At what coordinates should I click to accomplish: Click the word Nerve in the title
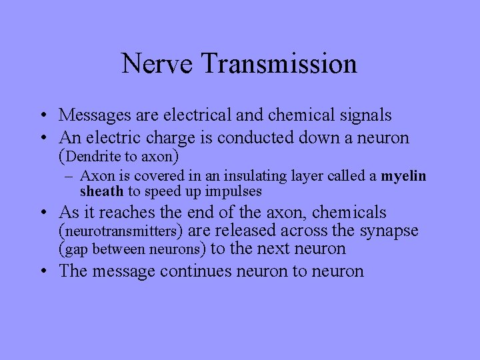point(157,64)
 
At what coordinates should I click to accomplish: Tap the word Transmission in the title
point(278,64)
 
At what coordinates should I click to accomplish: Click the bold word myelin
point(403,176)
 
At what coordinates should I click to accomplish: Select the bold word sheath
point(101,191)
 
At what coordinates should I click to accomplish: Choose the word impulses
point(233,191)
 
